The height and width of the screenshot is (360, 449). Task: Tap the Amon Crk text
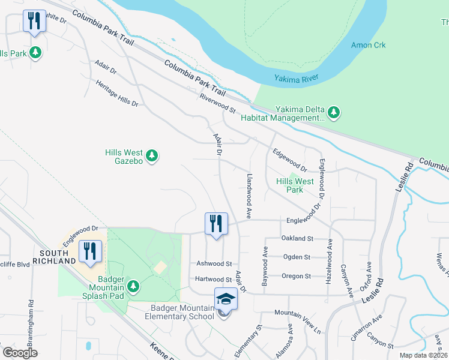pyautogui.click(x=369, y=46)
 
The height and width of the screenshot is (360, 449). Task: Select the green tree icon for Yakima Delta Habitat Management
pyautogui.click(x=334, y=112)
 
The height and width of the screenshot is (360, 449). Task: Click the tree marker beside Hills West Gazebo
pyautogui.click(x=152, y=156)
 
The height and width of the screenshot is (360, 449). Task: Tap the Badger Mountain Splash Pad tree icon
pyautogui.click(x=133, y=286)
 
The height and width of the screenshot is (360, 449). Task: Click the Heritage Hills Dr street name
pyautogui.click(x=116, y=94)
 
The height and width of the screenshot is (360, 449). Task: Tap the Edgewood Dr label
pyautogui.click(x=290, y=160)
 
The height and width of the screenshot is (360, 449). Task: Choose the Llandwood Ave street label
pyautogui.click(x=248, y=196)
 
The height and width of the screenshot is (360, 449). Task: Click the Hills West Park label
pyautogui.click(x=295, y=185)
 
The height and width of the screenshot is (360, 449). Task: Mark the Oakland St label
pyautogui.click(x=298, y=238)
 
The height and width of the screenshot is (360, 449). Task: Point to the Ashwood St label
pyautogui.click(x=214, y=263)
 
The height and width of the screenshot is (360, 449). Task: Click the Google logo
pyautogui.click(x=20, y=353)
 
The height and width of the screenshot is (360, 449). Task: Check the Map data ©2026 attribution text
pyautogui.click(x=423, y=355)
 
